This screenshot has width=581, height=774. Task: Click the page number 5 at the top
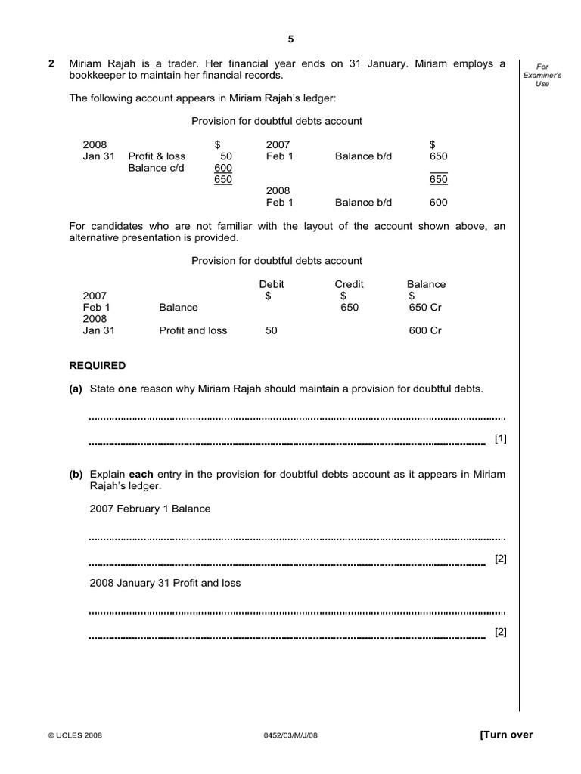(290, 39)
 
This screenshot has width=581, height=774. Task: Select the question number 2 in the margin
(51, 64)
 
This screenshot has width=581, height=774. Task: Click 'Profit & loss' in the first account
(157, 156)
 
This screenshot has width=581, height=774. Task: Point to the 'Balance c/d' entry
(156, 168)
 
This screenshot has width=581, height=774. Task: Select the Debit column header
(272, 284)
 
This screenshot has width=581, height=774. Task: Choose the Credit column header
(349, 284)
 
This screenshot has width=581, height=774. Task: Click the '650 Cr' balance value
(425, 308)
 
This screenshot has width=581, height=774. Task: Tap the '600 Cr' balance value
(425, 330)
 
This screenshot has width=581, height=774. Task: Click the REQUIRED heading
(98, 366)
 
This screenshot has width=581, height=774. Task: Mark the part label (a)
(76, 389)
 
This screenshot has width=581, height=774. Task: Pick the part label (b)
(76, 475)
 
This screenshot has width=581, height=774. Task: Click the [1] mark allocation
(500, 438)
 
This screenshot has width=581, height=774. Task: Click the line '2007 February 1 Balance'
(150, 509)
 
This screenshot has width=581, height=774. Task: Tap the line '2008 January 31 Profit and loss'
(165, 583)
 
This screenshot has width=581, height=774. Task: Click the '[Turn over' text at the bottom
(506, 735)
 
